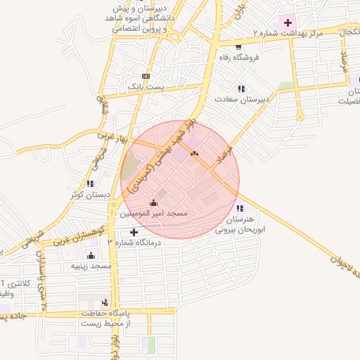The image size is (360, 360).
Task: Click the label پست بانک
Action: pyautogui.click(x=145, y=86)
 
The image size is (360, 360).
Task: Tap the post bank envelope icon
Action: pyautogui.click(x=146, y=76)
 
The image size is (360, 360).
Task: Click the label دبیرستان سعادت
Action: pyautogui.click(x=243, y=99)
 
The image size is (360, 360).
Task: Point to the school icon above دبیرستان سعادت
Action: pyautogui.click(x=241, y=89)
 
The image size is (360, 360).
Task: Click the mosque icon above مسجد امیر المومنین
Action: pyautogui.click(x=154, y=202)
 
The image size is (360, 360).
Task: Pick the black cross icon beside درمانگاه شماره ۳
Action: pyautogui.click(x=134, y=231)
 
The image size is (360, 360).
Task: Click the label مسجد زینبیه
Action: pyautogui.click(x=91, y=266)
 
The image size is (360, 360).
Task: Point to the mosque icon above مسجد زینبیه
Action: pyautogui.click(x=91, y=256)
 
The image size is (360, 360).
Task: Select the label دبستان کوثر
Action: pyautogui.click(x=89, y=194)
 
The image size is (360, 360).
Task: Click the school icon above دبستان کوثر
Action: pyautogui.click(x=89, y=184)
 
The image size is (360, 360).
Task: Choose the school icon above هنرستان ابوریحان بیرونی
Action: pyautogui.click(x=241, y=208)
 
